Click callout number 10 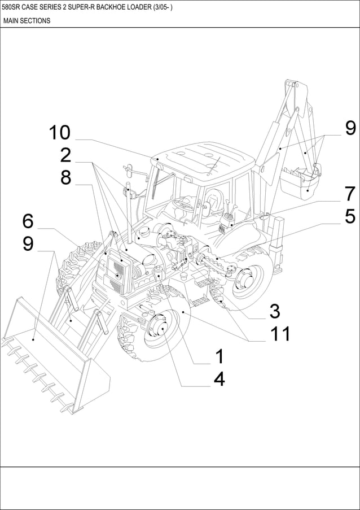59,133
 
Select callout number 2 65,155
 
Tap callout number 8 65,177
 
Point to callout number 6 28,221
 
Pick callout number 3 275,311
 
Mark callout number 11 279,334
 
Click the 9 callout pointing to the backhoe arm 350,128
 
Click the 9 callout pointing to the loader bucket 28,243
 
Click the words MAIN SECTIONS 27,21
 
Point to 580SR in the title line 12,7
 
